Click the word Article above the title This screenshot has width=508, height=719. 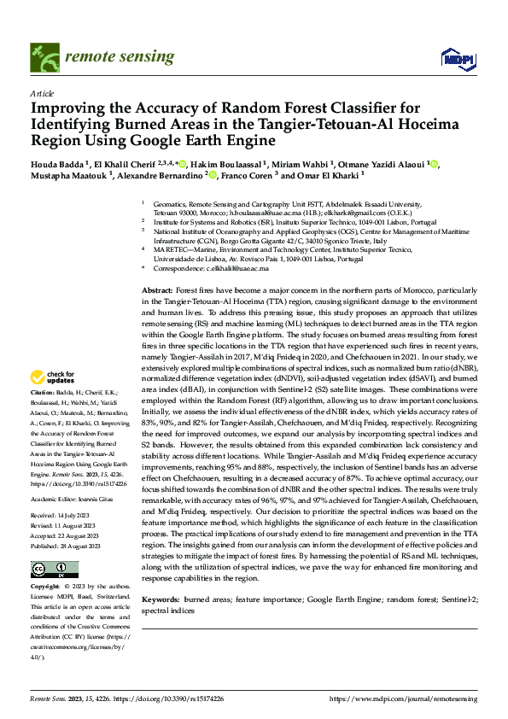(x=41, y=93)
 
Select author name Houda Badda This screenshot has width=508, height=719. (x=56, y=165)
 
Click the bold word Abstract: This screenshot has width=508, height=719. (x=156, y=291)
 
